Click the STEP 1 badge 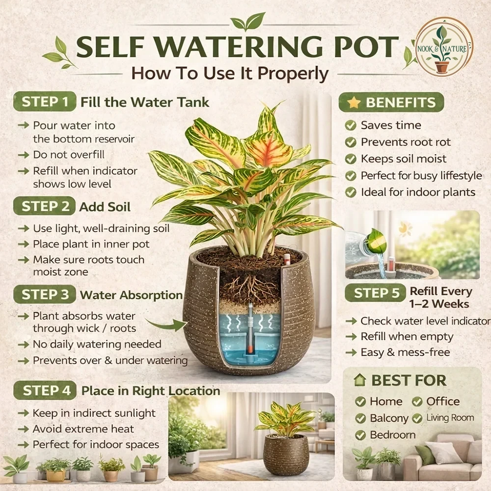coord(45,102)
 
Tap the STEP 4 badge coord(45,390)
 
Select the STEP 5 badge coord(376,293)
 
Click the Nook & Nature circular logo coord(444,47)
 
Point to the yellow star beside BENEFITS coord(354,102)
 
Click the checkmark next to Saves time coord(351,125)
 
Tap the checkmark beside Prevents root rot coord(351,142)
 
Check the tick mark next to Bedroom coord(360,435)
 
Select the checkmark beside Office coord(417,402)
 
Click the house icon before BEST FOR coord(360,380)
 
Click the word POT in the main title coord(366,47)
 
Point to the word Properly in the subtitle coord(293,74)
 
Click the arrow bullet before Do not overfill coord(24,155)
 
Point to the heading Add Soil coord(105,207)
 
